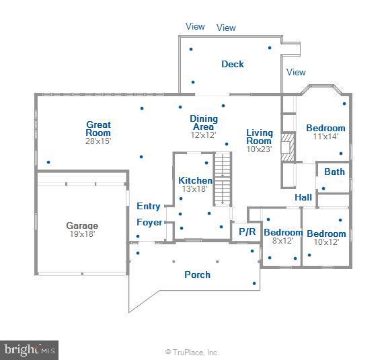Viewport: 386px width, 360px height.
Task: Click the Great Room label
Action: pyautogui.click(x=98, y=129)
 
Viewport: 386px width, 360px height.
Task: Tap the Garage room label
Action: pyautogui.click(x=81, y=225)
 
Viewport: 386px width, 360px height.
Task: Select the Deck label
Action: pyautogui.click(x=233, y=64)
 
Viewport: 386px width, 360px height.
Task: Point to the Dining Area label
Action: pyautogui.click(x=203, y=122)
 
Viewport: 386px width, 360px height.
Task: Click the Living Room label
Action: pyautogui.click(x=259, y=137)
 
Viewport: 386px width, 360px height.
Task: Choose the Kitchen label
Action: pyautogui.click(x=195, y=180)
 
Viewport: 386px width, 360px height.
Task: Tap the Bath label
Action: pyautogui.click(x=334, y=172)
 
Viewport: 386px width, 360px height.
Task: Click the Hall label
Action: pyautogui.click(x=303, y=197)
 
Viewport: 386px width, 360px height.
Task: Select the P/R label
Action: pyautogui.click(x=247, y=231)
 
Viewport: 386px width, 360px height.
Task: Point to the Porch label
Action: pyautogui.click(x=197, y=275)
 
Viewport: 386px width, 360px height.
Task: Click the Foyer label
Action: pyautogui.click(x=149, y=223)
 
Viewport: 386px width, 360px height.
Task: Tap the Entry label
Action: pyautogui.click(x=149, y=207)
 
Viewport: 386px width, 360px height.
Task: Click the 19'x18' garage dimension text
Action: pyautogui.click(x=81, y=234)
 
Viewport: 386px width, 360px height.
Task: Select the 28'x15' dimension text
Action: pyautogui.click(x=98, y=141)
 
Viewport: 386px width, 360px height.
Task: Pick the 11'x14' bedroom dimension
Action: pyautogui.click(x=325, y=137)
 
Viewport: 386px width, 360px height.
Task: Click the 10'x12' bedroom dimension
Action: pyautogui.click(x=326, y=242)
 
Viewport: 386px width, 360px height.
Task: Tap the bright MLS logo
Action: pyautogui.click(x=30, y=350)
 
